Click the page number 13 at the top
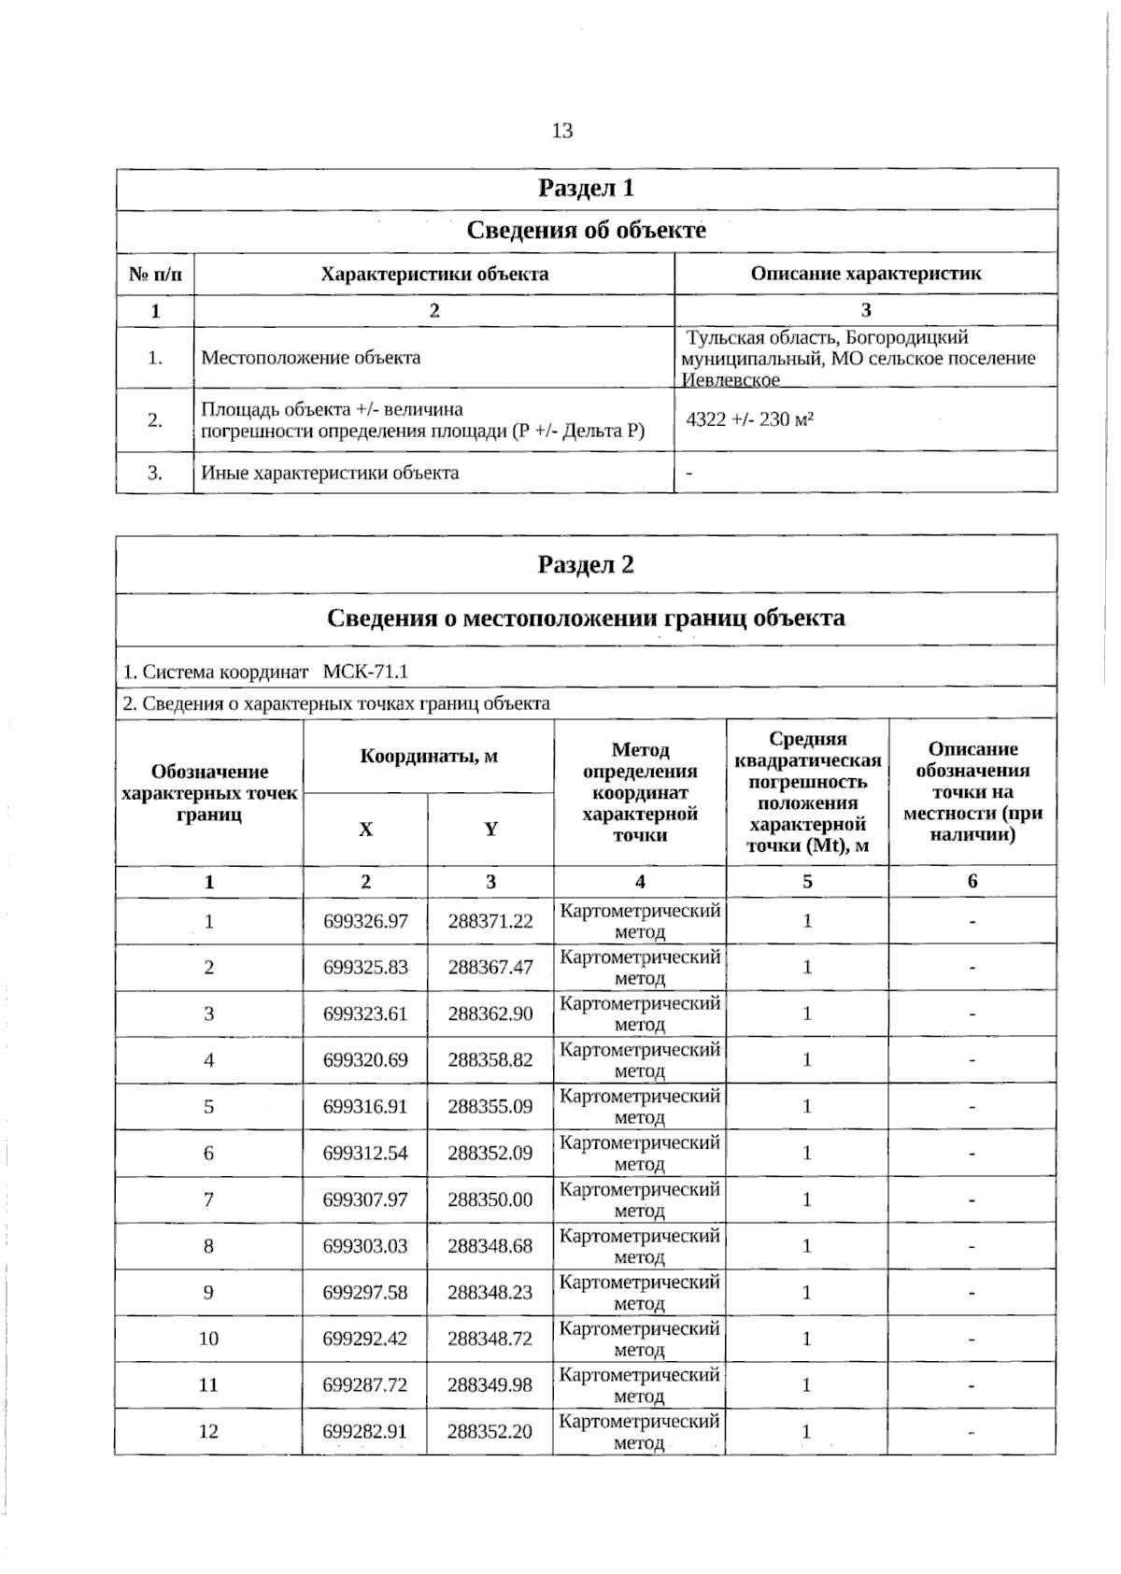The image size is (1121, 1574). [x=562, y=131]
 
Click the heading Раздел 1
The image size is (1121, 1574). [x=586, y=189]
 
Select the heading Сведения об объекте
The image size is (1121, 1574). [x=586, y=231]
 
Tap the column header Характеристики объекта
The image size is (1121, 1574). [x=434, y=274]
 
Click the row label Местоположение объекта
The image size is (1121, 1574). [x=311, y=358]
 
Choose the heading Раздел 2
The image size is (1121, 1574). [x=586, y=565]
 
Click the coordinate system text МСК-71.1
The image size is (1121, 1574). [x=365, y=673]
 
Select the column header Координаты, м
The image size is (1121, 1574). [x=429, y=757]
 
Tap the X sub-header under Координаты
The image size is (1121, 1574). [x=365, y=830]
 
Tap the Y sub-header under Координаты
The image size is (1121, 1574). [x=490, y=830]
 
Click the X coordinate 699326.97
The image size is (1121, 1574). [x=365, y=921]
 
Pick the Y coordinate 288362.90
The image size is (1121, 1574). [x=490, y=1014]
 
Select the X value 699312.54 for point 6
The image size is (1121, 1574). [x=365, y=1153]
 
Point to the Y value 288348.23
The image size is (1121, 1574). [x=490, y=1292]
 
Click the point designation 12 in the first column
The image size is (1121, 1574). [x=208, y=1431]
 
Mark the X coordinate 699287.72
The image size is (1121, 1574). [x=365, y=1384]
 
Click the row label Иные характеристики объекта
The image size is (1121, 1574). [x=330, y=473]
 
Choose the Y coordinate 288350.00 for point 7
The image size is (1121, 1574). [x=490, y=1199]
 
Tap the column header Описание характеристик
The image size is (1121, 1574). [x=866, y=274]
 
